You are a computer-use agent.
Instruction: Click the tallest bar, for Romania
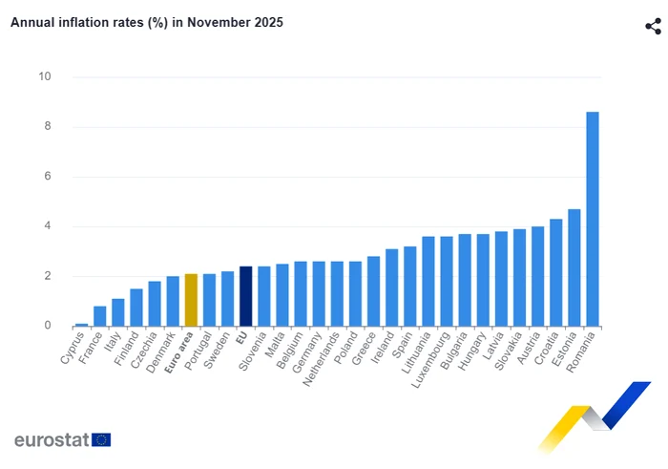(592, 220)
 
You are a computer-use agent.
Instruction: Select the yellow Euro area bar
(191, 301)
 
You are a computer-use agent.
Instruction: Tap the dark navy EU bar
(245, 297)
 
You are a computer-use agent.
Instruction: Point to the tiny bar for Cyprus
(82, 325)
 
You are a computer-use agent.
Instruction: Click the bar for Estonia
(574, 268)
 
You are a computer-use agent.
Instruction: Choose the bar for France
(100, 316)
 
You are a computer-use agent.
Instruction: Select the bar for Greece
(373, 291)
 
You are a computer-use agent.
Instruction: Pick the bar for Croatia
(555, 273)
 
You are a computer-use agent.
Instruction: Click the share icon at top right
(653, 26)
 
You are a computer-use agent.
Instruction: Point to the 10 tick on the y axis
(45, 77)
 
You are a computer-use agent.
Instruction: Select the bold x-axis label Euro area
(179, 352)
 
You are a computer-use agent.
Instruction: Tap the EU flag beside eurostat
(101, 439)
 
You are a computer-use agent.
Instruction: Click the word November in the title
(216, 21)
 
